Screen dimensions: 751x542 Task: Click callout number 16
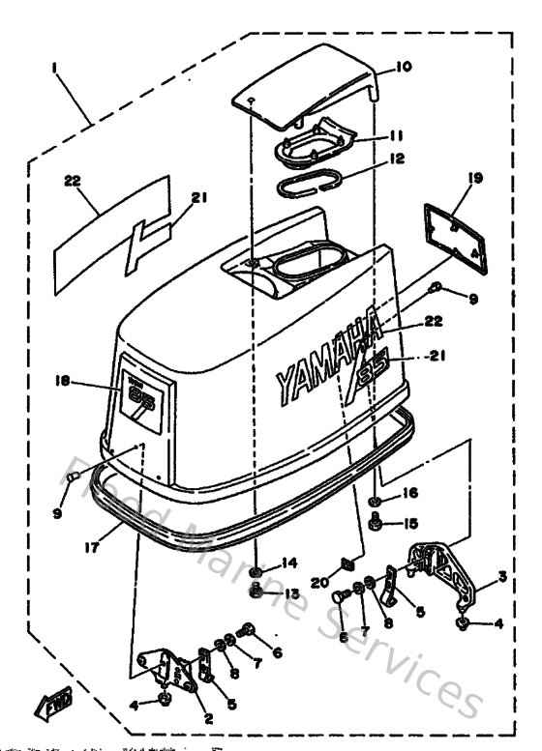(x=410, y=493)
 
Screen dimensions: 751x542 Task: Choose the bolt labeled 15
(x=378, y=524)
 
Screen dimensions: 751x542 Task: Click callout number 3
(x=500, y=577)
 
